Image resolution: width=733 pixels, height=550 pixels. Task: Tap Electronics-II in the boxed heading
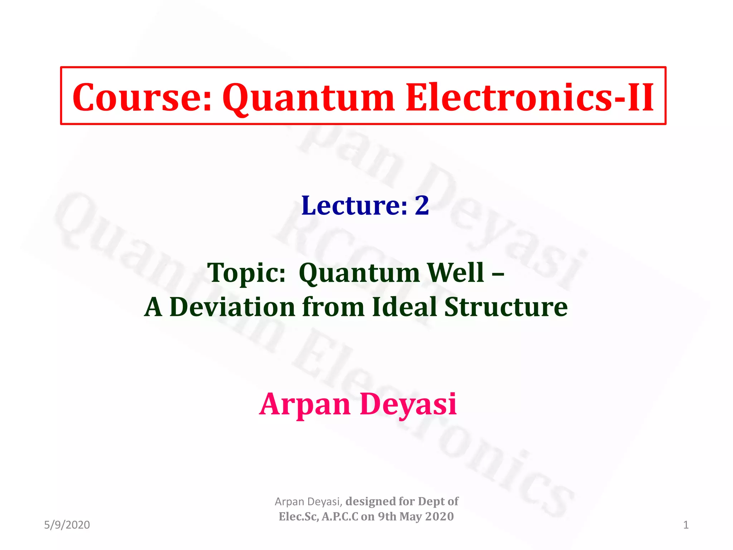530,97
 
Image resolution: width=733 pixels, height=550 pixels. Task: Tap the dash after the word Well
498,273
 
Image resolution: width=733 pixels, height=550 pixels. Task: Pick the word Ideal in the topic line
404,307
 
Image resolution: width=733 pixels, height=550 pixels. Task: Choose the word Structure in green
506,307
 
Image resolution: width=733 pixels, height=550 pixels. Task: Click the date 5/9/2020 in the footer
67,525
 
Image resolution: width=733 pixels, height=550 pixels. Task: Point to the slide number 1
685,525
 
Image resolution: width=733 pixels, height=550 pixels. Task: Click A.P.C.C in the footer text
340,517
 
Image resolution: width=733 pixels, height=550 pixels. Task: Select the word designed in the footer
370,501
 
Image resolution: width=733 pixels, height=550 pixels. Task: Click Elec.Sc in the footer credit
298,517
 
